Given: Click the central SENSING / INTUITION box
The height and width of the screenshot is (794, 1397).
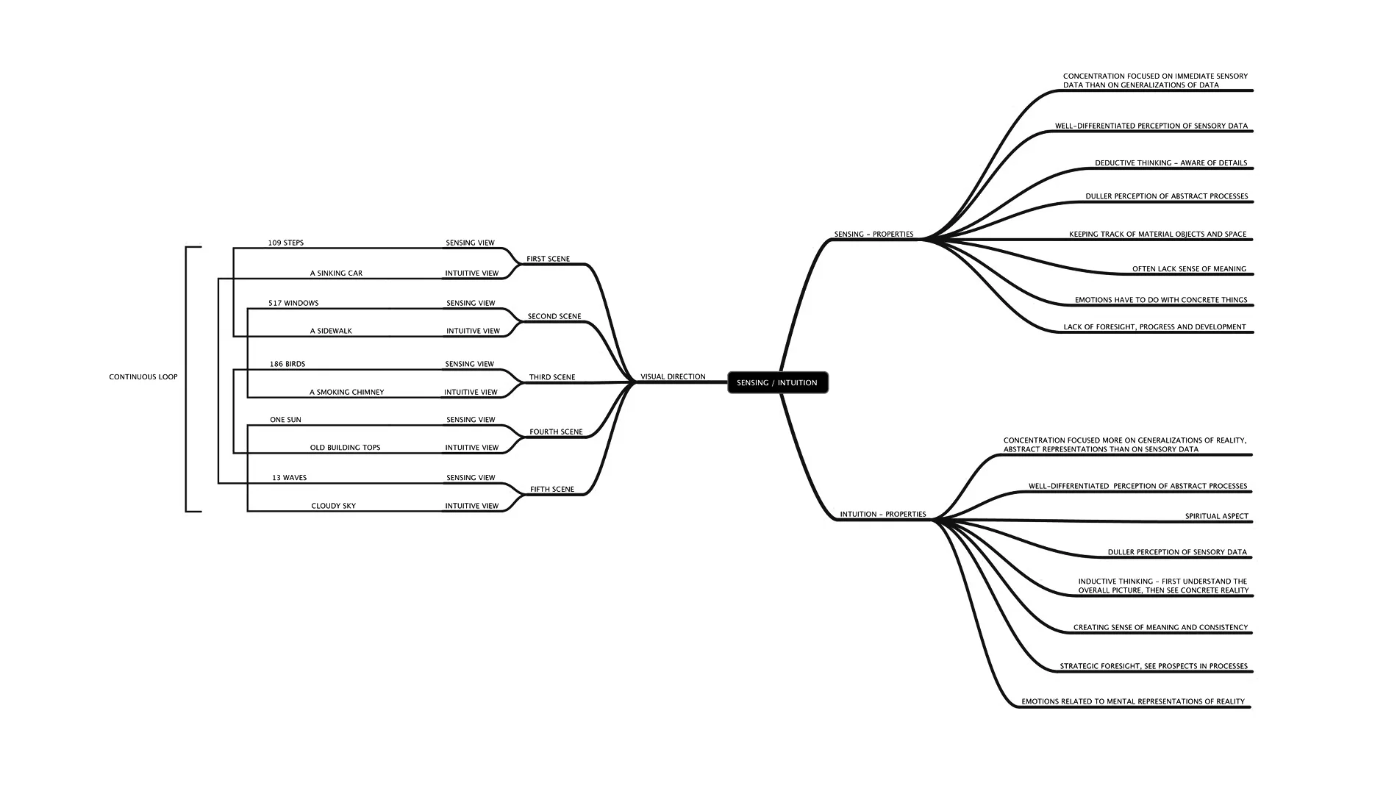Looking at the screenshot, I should pos(777,382).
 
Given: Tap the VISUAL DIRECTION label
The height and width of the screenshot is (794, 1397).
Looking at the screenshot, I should pos(673,377).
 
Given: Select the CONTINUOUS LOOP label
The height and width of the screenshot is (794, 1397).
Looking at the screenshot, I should pos(143,377).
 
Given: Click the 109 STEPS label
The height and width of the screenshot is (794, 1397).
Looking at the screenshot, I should pos(286,243).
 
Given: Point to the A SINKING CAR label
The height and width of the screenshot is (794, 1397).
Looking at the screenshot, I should pos(336,273).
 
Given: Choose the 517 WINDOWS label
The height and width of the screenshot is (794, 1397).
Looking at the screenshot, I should pos(293,304).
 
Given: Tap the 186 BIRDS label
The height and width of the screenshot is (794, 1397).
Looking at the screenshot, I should pos(287,365).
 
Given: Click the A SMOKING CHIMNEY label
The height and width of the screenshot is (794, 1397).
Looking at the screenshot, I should pos(346,393).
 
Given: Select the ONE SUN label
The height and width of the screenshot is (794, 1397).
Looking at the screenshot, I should pos(285,421).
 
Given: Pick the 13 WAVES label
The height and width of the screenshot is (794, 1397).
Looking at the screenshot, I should pos(289,478).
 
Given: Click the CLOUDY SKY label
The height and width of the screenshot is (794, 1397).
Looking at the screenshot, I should pos(333,507).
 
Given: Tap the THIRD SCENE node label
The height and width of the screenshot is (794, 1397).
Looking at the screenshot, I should pos(552,378).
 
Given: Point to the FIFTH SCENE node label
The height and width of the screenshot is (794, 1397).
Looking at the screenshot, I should pos(552,490).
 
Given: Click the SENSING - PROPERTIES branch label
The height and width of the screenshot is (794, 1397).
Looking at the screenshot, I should pos(873,235).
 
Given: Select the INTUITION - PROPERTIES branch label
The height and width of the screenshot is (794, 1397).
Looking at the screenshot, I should pos(883,515).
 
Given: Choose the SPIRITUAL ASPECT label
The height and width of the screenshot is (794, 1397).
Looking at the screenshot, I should pos(1216,517).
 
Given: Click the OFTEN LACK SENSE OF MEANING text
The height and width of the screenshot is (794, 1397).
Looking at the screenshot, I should pos(1189,269).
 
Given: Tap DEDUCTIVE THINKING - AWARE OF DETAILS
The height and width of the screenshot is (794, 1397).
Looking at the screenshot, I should pos(1171,163).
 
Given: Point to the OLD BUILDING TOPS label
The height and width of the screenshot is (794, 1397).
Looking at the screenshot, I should pos(345,448).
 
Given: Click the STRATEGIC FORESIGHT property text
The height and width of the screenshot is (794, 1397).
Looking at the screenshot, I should pos(1154,667).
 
